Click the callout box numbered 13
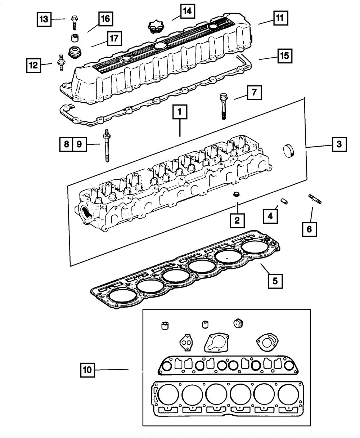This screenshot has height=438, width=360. tap(44, 19)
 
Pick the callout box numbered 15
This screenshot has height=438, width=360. tap(284, 56)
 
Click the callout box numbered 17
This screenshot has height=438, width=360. tap(114, 39)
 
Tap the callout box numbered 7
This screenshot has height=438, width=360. tap(254, 93)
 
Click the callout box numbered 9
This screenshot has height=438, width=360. tap(79, 144)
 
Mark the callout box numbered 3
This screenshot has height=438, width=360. tap(339, 145)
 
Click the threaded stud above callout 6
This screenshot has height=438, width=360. tap(314, 199)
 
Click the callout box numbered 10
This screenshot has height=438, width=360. tap(88, 369)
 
